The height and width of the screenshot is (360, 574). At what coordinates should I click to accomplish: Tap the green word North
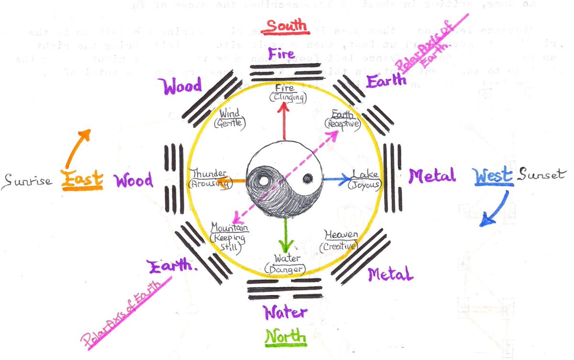point(285,336)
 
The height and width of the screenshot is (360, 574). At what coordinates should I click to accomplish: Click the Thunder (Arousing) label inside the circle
point(209,178)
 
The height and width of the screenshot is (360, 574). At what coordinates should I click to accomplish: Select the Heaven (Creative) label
point(340,240)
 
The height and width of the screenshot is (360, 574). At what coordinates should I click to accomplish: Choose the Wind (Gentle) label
point(230,118)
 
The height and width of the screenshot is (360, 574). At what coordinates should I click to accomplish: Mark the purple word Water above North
point(286,313)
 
